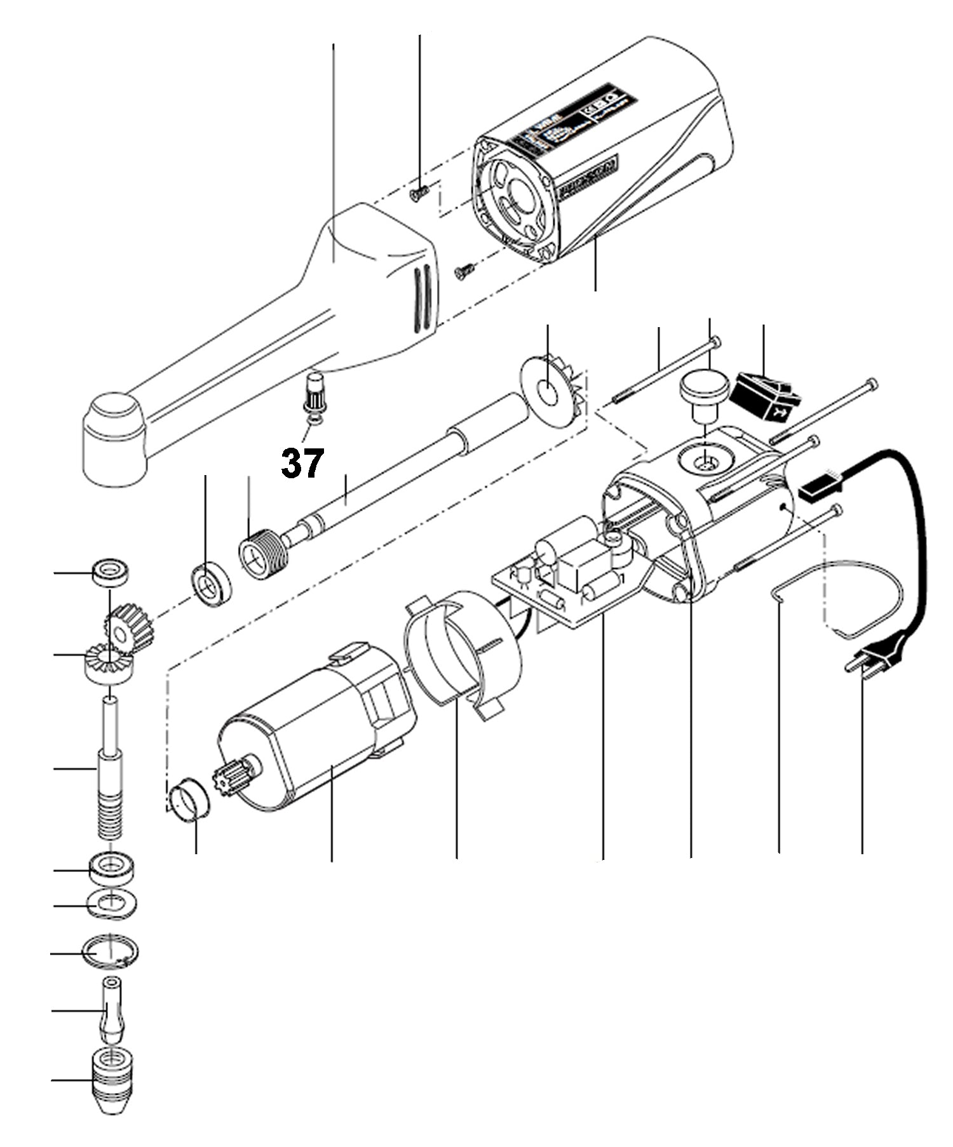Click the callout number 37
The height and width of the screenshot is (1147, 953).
(x=302, y=463)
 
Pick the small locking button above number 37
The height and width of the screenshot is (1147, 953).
(x=315, y=394)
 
